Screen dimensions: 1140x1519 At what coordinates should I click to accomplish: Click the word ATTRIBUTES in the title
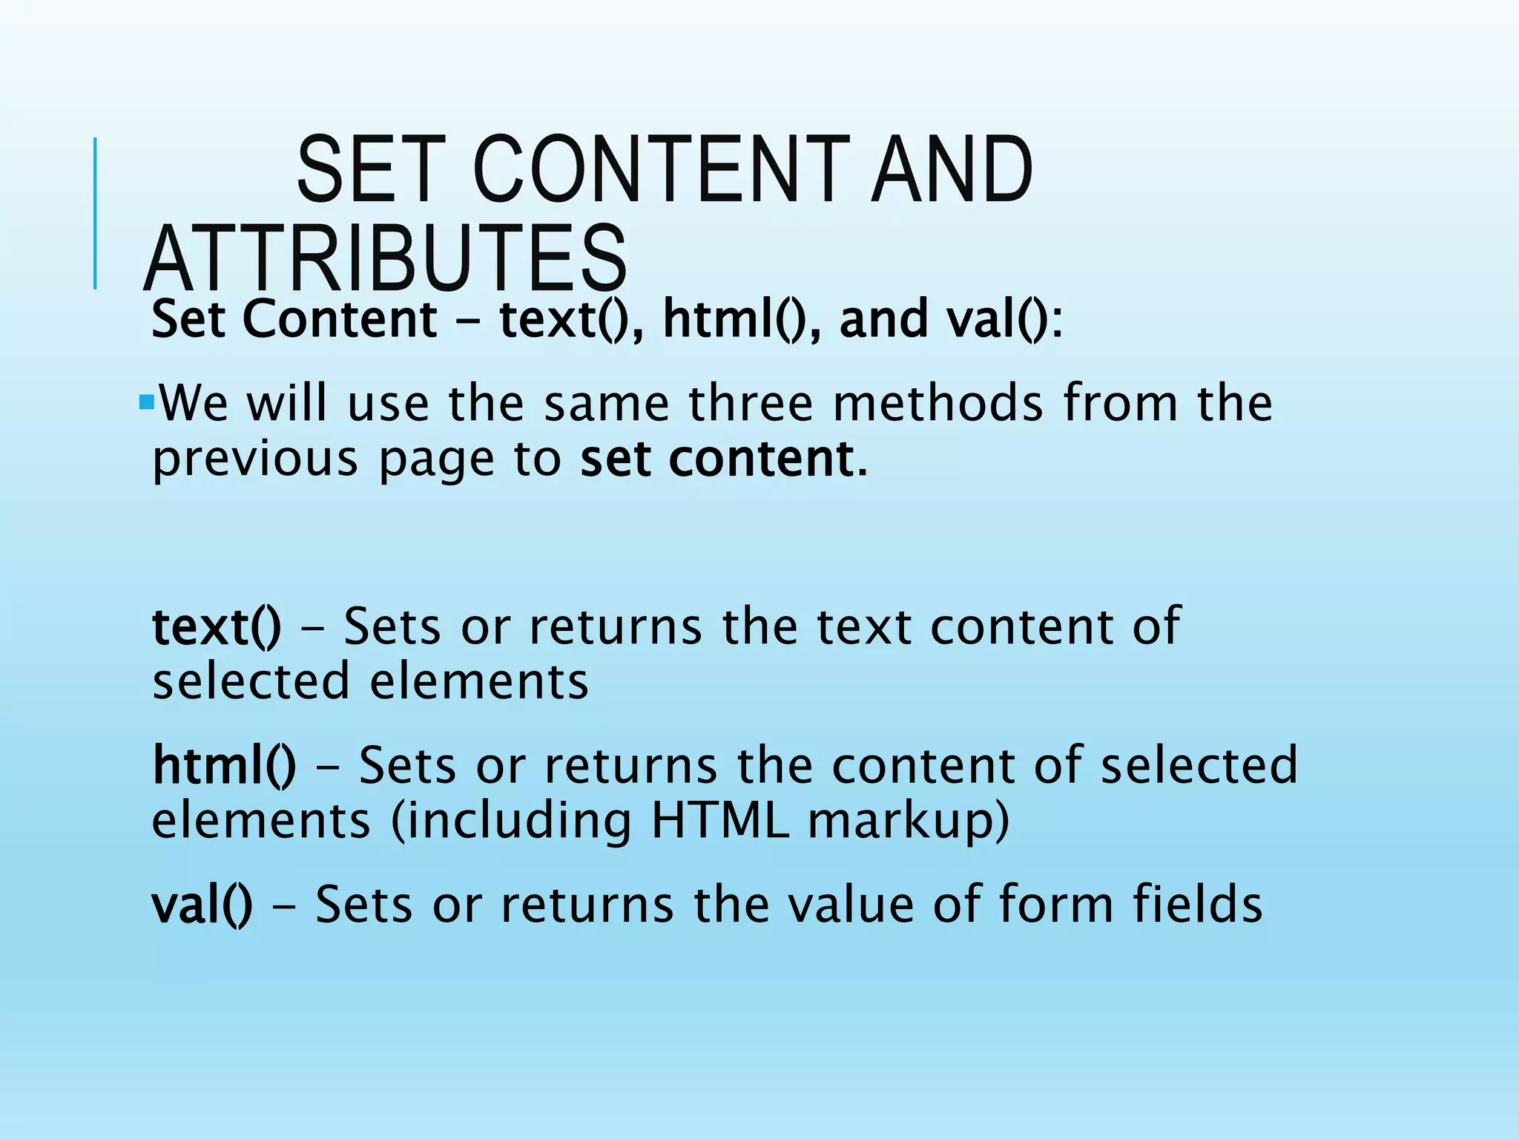[x=386, y=258]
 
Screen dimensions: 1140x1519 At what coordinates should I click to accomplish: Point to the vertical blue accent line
[x=95, y=213]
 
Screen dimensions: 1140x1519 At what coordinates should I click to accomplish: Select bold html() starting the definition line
[x=224, y=765]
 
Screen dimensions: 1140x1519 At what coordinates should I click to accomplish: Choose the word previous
[x=255, y=459]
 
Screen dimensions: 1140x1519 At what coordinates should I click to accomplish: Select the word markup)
[x=909, y=822]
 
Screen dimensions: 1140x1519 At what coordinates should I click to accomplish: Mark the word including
[x=511, y=822]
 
